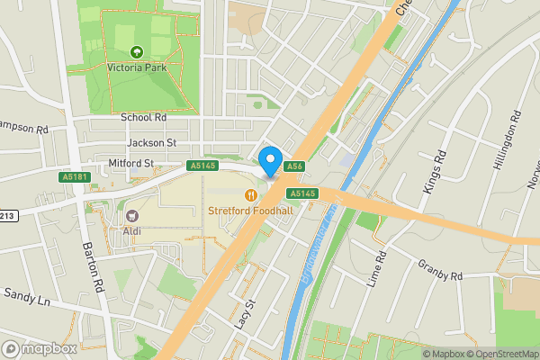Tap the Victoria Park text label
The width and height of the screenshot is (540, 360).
(x=138, y=67)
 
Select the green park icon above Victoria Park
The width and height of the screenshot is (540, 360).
(x=138, y=51)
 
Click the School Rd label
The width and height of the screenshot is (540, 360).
(x=144, y=118)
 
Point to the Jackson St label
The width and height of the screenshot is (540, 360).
(x=152, y=142)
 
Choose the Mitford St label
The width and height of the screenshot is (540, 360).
(x=130, y=163)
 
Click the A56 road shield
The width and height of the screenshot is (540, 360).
(x=294, y=166)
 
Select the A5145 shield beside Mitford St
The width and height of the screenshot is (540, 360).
(x=202, y=166)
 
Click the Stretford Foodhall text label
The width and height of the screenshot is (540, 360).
(x=251, y=211)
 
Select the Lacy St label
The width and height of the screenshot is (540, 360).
(x=240, y=315)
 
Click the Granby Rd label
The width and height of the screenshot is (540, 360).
(x=439, y=269)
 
